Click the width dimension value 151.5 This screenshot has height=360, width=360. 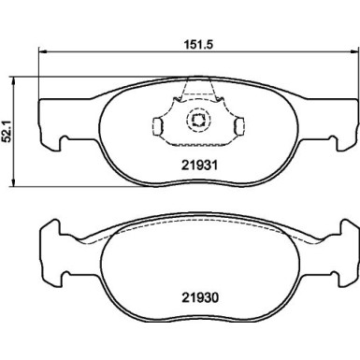[194, 40]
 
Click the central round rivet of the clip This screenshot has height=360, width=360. [197, 119]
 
